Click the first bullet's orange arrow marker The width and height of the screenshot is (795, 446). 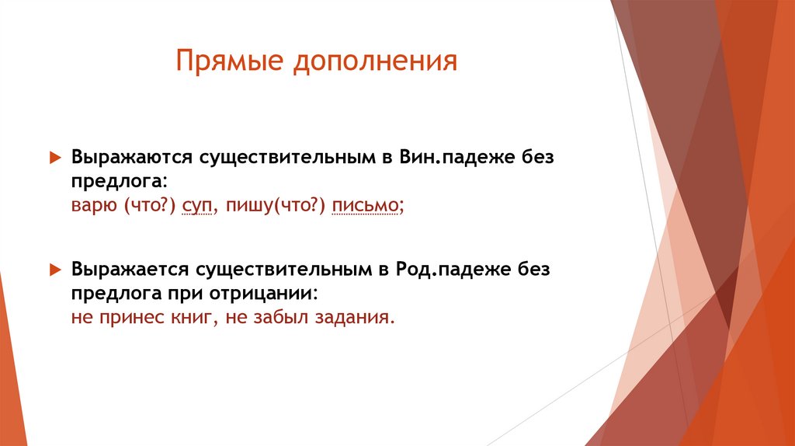[x=55, y=157]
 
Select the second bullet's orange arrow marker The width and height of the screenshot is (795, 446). [x=55, y=269]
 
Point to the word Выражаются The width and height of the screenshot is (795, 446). [x=132, y=156]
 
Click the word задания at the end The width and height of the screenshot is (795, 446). [x=358, y=319]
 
